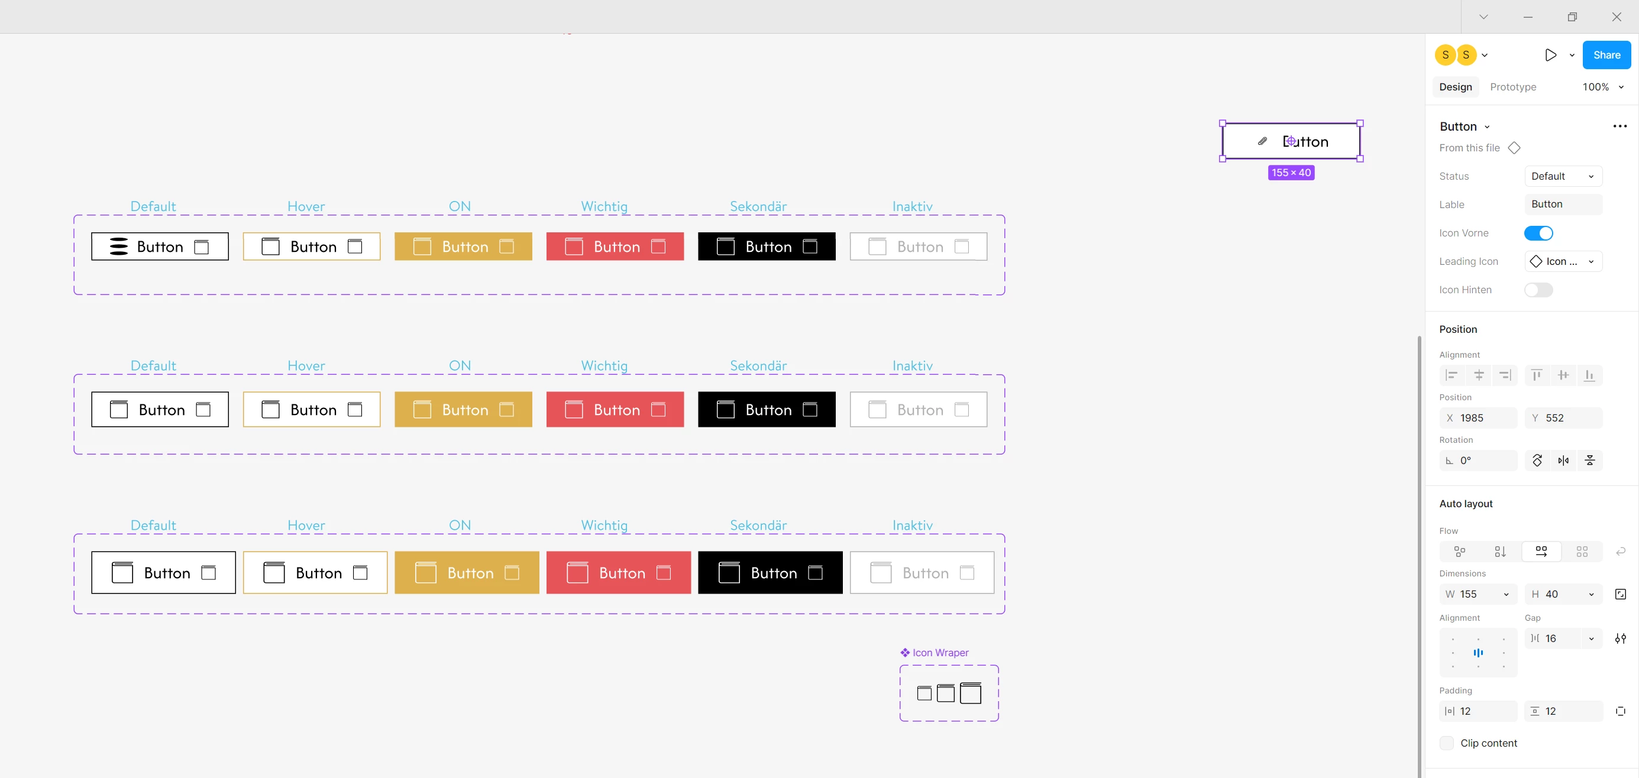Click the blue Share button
click(1606, 56)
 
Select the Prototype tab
click(1512, 87)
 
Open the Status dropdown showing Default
click(1563, 176)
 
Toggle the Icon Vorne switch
click(1538, 233)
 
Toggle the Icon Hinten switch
click(1538, 290)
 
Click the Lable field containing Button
click(1563, 204)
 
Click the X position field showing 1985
click(1478, 418)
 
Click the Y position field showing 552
click(1563, 418)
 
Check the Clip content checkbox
click(1446, 743)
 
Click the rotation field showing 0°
click(1478, 461)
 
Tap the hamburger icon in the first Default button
click(119, 246)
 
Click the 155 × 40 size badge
click(1291, 173)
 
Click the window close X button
click(1616, 17)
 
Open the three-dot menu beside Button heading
click(1619, 126)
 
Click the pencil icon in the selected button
click(1262, 141)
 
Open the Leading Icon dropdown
click(1563, 261)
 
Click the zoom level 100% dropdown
click(1602, 87)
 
